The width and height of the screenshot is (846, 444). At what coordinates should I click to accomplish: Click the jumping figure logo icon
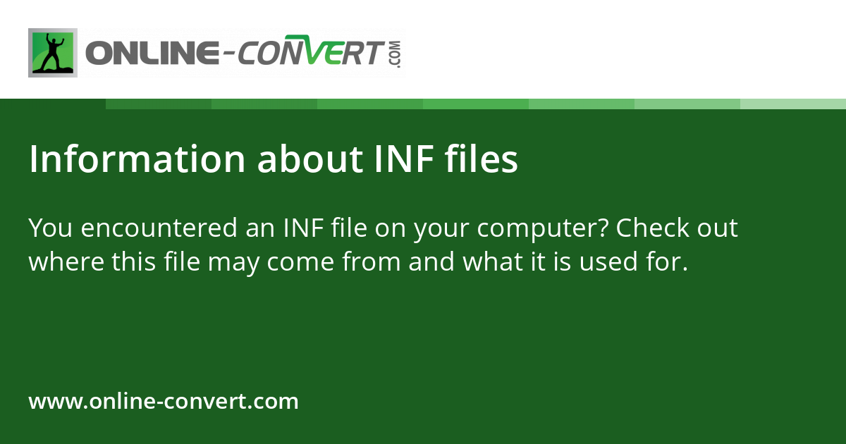tap(53, 53)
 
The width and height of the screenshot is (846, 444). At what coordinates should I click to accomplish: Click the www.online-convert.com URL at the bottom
tap(164, 402)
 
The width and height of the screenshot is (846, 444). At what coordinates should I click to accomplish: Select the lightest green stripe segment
tap(793, 104)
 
